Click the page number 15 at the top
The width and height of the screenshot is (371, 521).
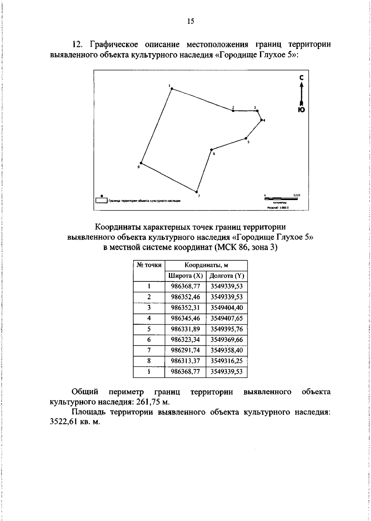point(190,21)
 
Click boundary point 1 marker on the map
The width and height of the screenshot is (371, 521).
point(172,89)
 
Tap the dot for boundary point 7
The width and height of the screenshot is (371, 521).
point(196,191)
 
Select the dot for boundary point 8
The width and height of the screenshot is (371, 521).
point(141,163)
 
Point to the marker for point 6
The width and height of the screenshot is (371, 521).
point(211,150)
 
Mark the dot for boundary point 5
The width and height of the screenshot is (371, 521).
point(246,138)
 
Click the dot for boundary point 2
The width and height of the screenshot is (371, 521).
point(233,110)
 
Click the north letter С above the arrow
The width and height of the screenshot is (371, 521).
point(302,78)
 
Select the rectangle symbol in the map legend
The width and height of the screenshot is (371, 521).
point(101,200)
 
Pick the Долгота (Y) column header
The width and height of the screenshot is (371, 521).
point(227,276)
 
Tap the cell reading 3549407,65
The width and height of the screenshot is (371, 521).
point(227,318)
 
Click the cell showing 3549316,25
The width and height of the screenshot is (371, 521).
point(227,361)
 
